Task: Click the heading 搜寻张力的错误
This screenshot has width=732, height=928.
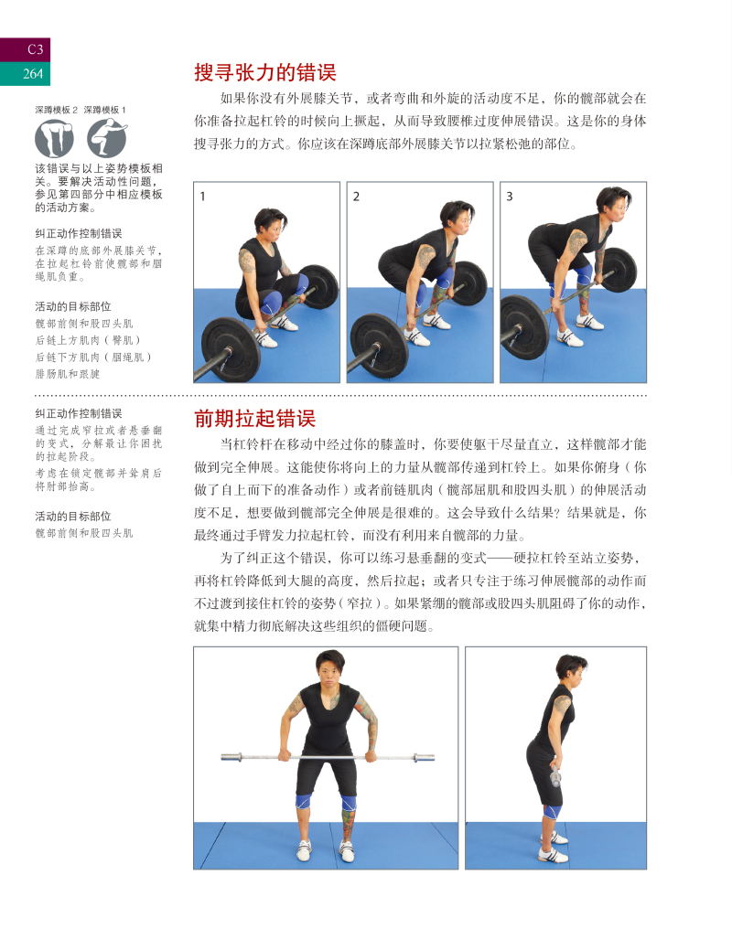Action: point(265,72)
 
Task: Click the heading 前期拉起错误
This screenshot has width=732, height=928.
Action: point(254,419)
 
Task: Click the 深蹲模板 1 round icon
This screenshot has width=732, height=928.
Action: point(107,138)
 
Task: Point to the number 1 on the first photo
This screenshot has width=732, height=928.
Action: point(203,196)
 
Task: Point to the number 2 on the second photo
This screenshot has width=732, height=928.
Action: point(356,196)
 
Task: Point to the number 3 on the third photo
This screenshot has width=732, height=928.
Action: point(510,196)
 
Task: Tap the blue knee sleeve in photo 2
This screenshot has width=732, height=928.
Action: point(445,281)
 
